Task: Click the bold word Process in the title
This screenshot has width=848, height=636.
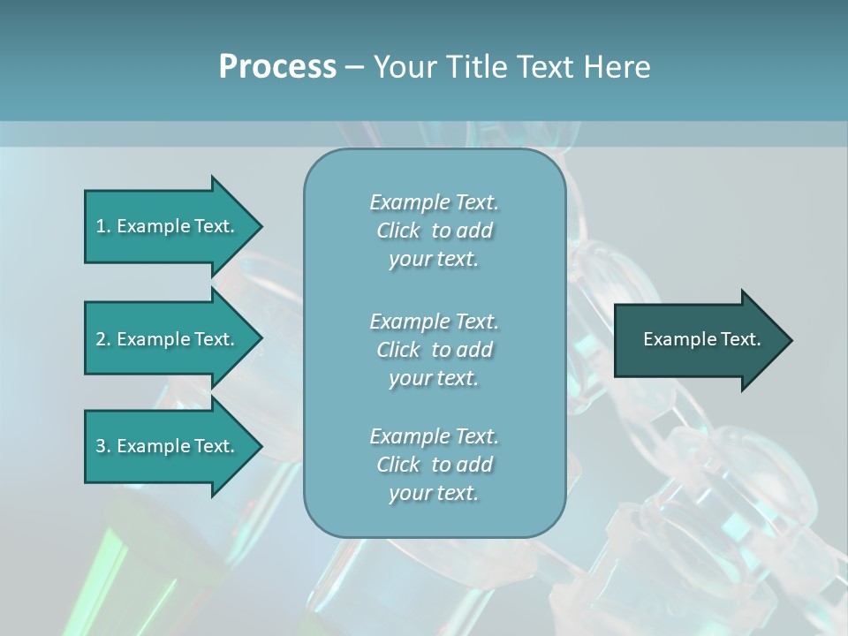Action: pos(277,66)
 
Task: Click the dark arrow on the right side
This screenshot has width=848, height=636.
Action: pos(698,340)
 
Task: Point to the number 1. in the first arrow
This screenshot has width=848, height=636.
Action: pos(103,226)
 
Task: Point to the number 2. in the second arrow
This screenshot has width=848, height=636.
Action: pos(103,339)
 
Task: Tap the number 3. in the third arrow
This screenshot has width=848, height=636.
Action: pos(103,446)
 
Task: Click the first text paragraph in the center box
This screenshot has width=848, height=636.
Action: pos(434,231)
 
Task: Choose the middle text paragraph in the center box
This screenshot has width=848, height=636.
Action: pos(434,350)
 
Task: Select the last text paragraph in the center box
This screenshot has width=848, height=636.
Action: pos(434,465)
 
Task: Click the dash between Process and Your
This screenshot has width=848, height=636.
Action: pos(354,67)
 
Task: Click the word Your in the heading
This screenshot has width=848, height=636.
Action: pos(406,66)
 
